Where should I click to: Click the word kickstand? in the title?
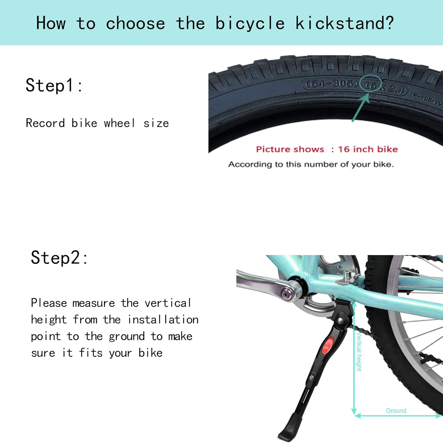pos(344,23)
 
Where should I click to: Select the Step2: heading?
pos(59,258)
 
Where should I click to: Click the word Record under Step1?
pos(45,123)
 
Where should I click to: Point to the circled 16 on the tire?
pos(371,85)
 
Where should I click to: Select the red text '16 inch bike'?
pos(368,149)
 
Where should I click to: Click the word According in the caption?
pos(250,164)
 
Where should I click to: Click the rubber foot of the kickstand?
pos(290,429)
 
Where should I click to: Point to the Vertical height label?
pos(359,352)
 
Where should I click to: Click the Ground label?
pos(396,410)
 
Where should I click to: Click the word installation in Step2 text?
pos(163,320)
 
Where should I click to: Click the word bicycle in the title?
pos(250,23)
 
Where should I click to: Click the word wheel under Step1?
pos(120,123)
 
